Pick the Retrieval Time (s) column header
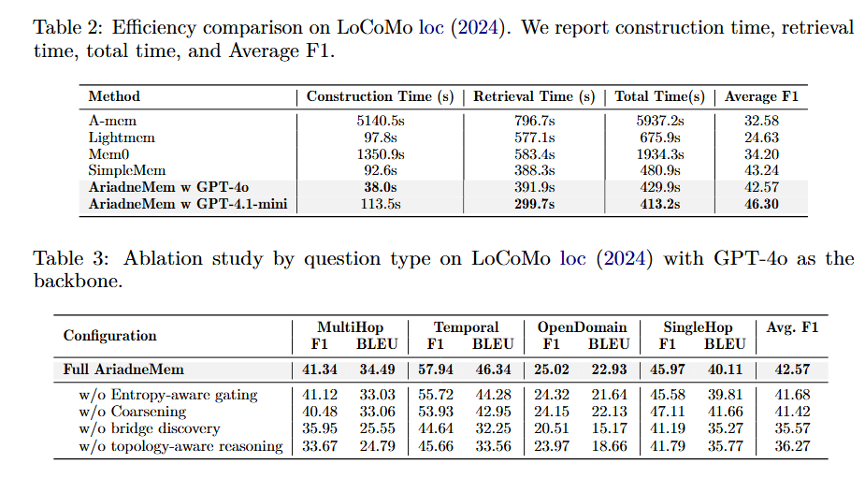click(x=534, y=96)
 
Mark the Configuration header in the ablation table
click(x=109, y=336)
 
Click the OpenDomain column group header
click(x=582, y=326)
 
